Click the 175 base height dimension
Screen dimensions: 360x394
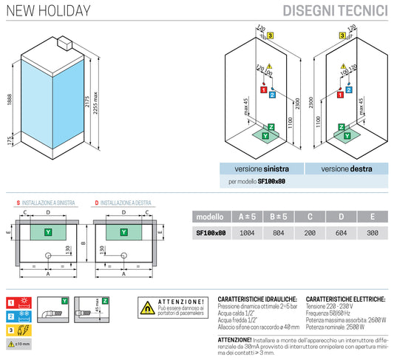click(x=9, y=140)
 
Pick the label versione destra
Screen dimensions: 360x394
click(x=346, y=169)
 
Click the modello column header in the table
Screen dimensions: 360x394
click(x=210, y=217)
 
